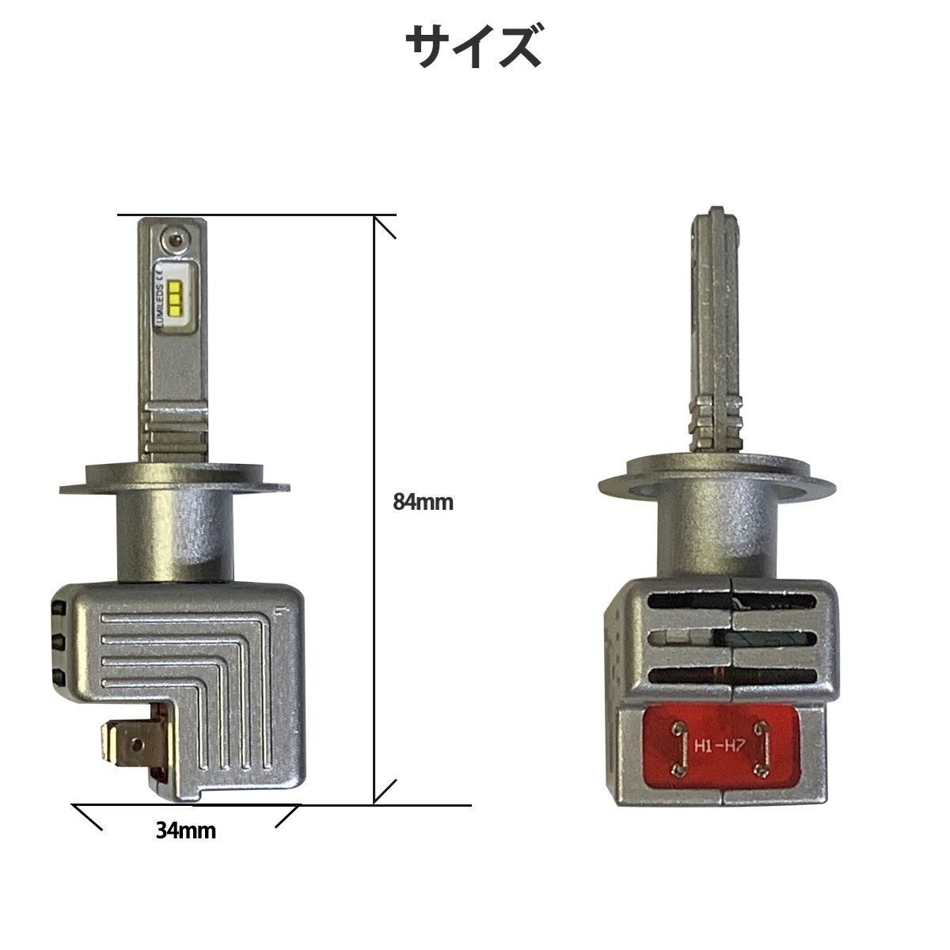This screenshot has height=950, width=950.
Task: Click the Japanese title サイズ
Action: pos(473,47)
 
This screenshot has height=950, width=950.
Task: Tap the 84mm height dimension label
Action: pos(423,503)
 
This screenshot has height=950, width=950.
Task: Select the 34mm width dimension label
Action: pos(186,830)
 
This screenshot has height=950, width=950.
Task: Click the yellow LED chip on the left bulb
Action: pos(177,298)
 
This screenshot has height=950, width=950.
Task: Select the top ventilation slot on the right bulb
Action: pos(731,601)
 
